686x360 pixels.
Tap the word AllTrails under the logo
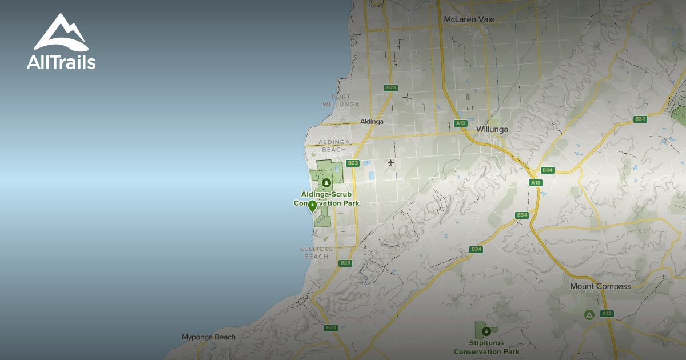[61, 62]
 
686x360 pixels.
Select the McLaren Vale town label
[468, 19]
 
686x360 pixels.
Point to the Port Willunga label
[341, 101]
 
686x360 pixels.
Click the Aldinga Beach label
[334, 146]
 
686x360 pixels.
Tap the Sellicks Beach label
[315, 253]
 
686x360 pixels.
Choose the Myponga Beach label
[208, 337]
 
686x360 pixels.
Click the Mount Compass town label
[600, 286]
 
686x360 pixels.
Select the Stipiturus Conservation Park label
[486, 348]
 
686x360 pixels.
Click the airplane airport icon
[391, 163]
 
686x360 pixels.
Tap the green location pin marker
[313, 206]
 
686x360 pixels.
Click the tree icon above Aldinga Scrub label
[326, 183]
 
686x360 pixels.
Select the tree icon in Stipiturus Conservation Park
[486, 331]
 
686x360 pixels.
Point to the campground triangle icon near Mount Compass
[589, 314]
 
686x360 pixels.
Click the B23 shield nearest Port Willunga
[391, 87]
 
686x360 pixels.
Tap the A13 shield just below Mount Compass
[607, 314]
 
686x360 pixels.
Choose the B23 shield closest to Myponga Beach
[330, 327]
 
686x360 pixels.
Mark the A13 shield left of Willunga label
[460, 123]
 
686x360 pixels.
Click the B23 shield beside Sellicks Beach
[345, 263]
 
